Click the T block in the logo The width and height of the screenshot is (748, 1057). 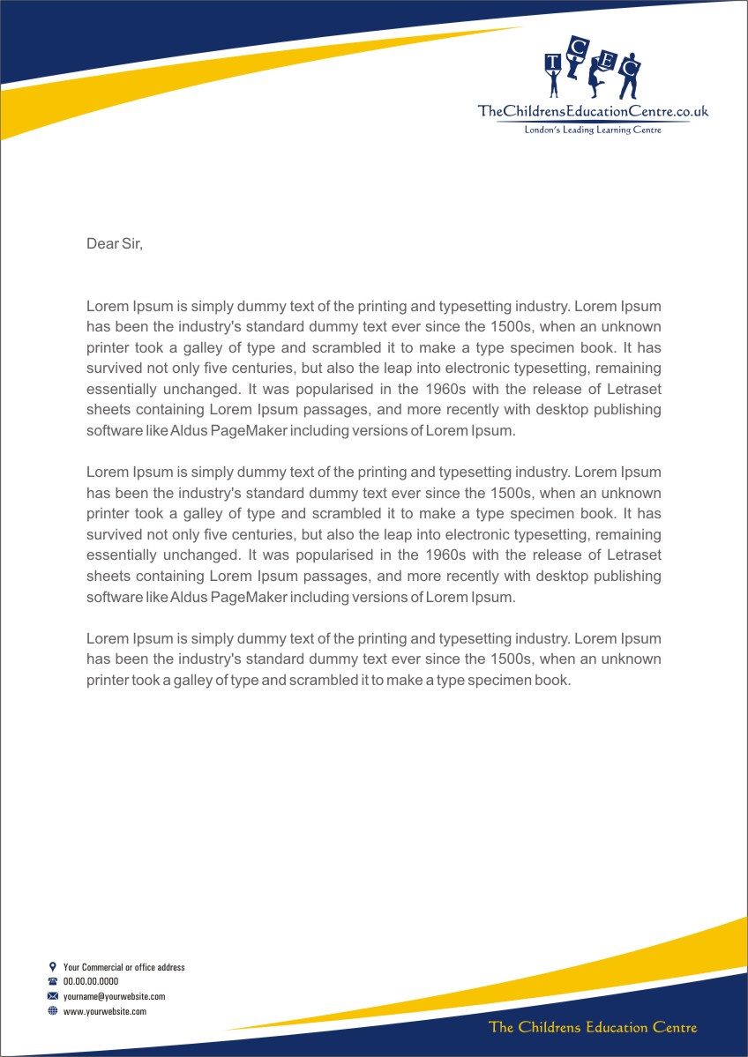pos(553,61)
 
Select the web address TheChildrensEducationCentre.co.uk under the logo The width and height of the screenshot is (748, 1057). pos(593,111)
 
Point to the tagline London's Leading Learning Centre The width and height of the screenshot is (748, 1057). pos(593,130)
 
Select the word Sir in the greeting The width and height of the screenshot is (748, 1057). pos(131,243)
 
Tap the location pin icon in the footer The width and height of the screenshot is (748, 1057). pos(53,967)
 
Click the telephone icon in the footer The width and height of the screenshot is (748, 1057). pos(53,981)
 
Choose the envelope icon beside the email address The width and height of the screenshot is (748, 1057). pos(53,996)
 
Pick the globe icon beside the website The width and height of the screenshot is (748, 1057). pos(53,1011)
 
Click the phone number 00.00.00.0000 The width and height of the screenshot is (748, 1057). pos(91,981)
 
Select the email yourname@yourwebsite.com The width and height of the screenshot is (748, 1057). pos(115,996)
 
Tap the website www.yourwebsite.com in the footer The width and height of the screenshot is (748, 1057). pos(105,1011)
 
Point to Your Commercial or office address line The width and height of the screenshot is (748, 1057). pos(124,967)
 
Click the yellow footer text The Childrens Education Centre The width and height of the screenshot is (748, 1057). pos(593,1027)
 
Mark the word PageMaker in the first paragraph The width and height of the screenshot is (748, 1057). pos(249,431)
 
